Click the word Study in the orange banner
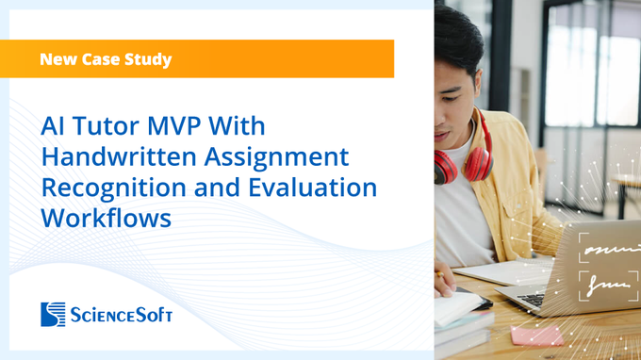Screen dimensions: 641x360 (148, 59)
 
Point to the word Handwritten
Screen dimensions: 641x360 (119, 156)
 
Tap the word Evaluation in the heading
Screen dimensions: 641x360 (313, 188)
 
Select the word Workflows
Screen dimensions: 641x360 (107, 219)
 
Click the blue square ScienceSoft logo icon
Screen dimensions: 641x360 (53, 314)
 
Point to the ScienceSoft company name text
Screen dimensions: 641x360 (121, 315)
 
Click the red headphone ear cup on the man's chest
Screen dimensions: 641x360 (478, 164)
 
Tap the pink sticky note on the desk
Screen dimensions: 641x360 (536, 335)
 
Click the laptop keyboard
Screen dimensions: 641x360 (532, 300)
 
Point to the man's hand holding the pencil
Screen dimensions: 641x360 (444, 281)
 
